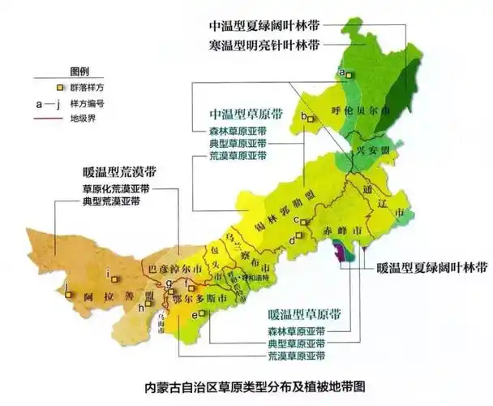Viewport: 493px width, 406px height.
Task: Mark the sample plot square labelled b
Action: pos(311,119)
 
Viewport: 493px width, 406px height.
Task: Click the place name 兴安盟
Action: pos(367,153)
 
